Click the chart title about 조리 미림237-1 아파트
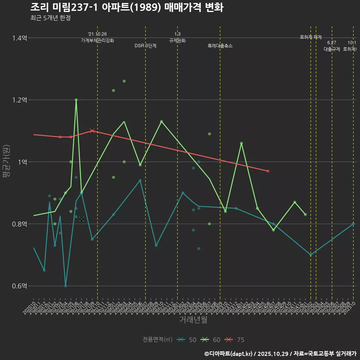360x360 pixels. click(127, 7)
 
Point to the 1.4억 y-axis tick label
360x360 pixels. click(19, 38)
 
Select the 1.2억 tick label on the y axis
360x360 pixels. click(19, 100)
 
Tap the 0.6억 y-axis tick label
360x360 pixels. click(19, 286)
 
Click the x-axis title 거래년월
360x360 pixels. click(193, 320)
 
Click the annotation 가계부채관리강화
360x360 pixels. click(97, 40)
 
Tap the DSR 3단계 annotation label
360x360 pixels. click(145, 46)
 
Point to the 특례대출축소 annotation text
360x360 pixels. click(220, 46)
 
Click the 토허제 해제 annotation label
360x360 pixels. click(311, 37)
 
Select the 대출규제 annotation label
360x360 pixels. click(332, 49)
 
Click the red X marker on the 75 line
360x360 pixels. click(92, 131)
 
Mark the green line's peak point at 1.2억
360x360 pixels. click(76, 100)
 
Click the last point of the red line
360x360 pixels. click(268, 171)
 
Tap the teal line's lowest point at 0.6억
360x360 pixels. click(66, 286)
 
